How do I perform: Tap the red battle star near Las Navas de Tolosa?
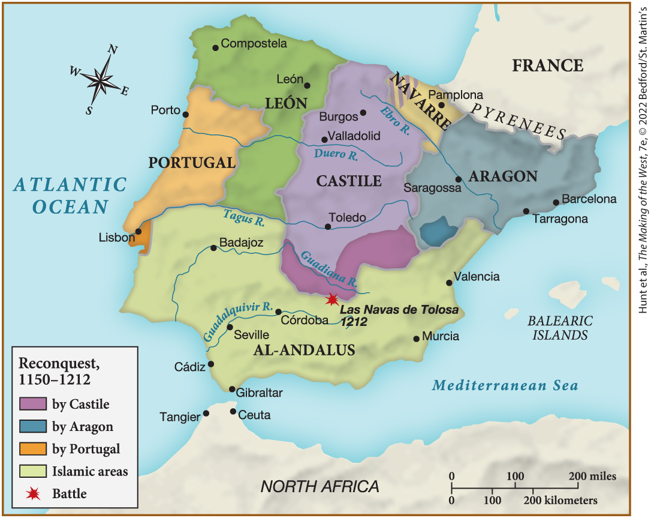[331, 300]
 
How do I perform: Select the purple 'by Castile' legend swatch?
[34, 403]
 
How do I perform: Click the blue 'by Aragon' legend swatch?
[34, 426]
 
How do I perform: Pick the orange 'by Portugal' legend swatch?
[34, 448]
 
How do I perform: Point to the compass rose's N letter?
[111, 50]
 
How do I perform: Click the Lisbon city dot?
[138, 231]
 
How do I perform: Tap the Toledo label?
[347, 217]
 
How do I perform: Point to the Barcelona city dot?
[556, 202]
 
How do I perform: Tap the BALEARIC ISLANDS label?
[560, 328]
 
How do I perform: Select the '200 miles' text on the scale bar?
[592, 477]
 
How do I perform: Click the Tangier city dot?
[206, 413]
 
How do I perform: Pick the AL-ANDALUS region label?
[304, 350]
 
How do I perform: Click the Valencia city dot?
[449, 283]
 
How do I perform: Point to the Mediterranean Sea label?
[505, 385]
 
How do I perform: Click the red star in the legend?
[34, 493]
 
